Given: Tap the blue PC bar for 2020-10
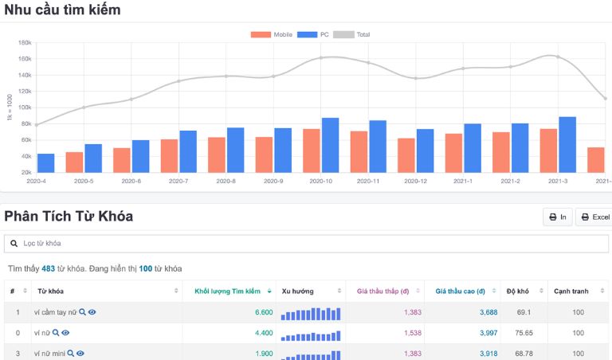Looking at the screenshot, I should (x=330, y=145).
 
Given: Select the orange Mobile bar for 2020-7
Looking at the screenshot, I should (x=169, y=155).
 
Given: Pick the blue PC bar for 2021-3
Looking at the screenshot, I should (x=567, y=144).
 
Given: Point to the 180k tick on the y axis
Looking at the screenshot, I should (x=24, y=43).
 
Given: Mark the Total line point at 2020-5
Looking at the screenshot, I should (x=84, y=108).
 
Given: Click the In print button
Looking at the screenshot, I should (x=557, y=217).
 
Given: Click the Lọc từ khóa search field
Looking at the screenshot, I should (x=306, y=243).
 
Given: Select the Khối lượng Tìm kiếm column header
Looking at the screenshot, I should (x=227, y=292).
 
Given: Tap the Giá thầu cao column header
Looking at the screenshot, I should (x=460, y=292).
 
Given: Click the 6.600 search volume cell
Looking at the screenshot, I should (x=264, y=312).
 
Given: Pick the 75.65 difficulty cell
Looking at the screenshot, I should (x=524, y=333).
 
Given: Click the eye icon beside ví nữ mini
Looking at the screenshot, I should (x=80, y=353).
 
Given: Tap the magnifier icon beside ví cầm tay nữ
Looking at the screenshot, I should (x=82, y=312).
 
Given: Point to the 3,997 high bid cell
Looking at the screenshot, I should (x=488, y=333).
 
